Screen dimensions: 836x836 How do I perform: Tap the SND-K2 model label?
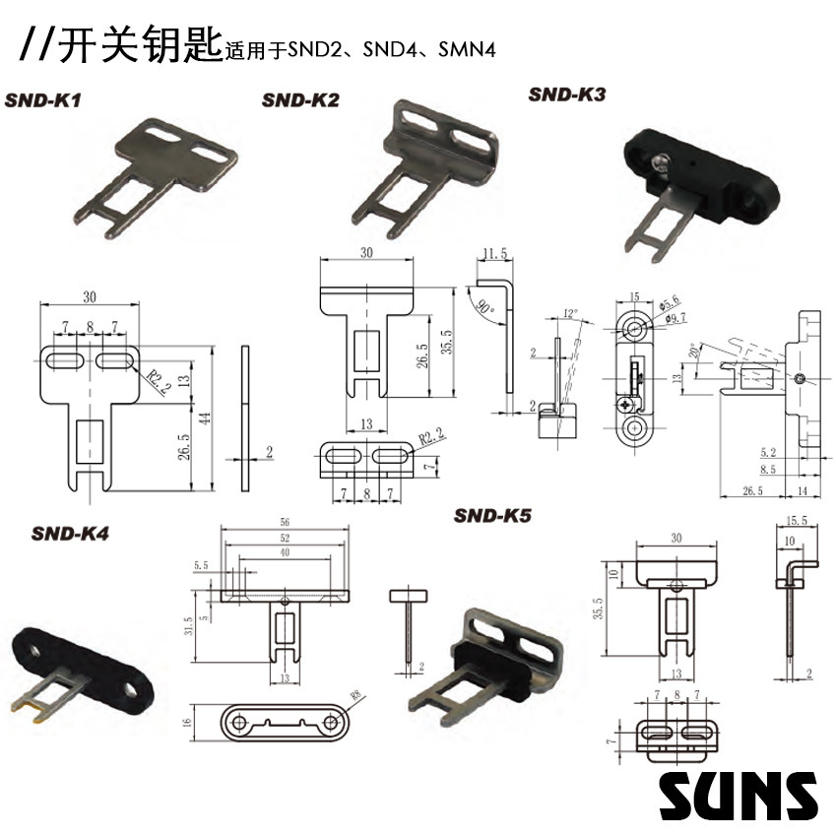point(300,99)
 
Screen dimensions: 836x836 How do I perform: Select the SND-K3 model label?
point(566,95)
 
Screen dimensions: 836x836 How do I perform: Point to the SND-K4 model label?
point(70,534)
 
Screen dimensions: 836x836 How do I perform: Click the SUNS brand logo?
point(739,795)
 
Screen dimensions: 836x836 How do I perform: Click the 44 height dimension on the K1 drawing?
point(205,418)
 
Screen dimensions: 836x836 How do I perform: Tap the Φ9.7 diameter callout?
point(674,317)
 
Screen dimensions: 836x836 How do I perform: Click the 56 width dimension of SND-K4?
point(285,523)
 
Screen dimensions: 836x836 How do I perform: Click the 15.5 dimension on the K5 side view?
point(798,521)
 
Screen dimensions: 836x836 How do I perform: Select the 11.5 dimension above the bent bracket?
point(494,254)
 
